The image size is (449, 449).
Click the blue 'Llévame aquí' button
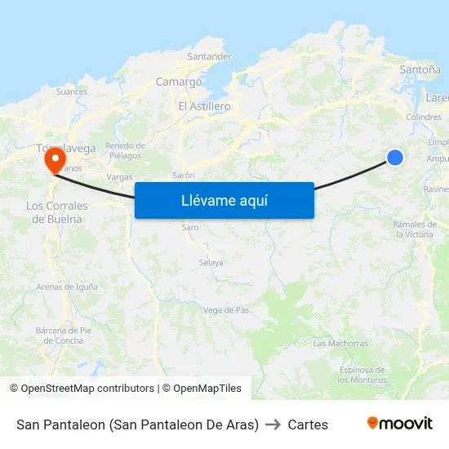coord(224,200)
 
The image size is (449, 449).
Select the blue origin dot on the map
coord(395,158)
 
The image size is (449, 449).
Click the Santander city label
coord(209,56)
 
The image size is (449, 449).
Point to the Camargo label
coord(179,82)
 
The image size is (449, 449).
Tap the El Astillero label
coord(204,106)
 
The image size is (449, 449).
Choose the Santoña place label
coord(420,70)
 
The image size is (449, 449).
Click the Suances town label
coord(72,91)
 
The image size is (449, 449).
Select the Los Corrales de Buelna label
coord(57,212)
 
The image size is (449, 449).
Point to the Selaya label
coord(211,263)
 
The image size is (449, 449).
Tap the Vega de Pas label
coord(226,310)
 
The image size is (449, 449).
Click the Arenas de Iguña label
coord(67,287)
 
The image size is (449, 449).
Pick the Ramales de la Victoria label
coord(414,229)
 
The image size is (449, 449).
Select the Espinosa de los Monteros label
coord(363,375)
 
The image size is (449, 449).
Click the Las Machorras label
coord(340,344)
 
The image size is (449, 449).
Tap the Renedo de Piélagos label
coord(123,150)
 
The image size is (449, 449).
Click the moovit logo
coord(400,424)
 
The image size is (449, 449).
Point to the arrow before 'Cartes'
coord(273,425)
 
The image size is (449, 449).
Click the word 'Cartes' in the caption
coord(308,425)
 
